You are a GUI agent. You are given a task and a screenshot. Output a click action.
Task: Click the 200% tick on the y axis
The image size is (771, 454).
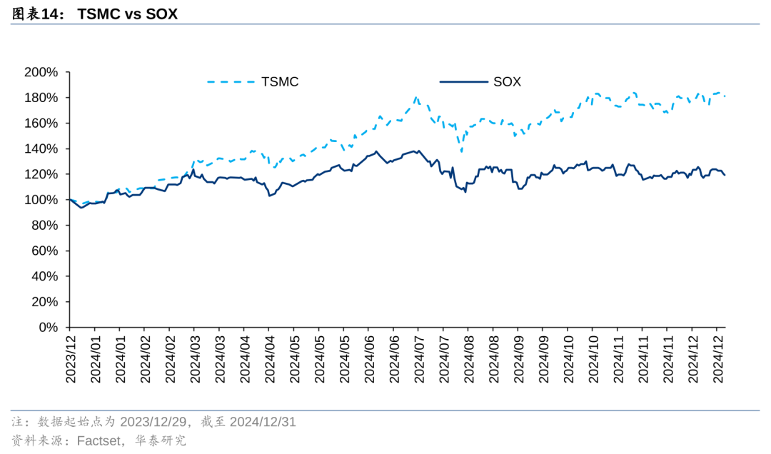(x=40, y=72)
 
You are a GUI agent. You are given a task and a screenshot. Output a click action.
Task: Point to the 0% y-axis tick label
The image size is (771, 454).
(x=47, y=328)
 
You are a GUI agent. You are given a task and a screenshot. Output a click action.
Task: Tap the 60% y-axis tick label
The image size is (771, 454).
(x=44, y=251)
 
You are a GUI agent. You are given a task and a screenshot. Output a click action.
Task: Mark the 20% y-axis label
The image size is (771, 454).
(x=44, y=302)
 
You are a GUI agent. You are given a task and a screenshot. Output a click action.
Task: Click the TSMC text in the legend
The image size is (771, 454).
(x=280, y=82)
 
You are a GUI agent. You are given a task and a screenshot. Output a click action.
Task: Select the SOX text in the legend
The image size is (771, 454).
(x=507, y=82)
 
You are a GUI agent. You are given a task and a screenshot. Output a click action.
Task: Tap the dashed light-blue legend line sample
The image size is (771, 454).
(x=231, y=82)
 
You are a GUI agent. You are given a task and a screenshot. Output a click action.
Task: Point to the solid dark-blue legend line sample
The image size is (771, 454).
(x=463, y=82)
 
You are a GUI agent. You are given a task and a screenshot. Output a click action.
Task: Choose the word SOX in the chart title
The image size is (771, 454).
(x=161, y=14)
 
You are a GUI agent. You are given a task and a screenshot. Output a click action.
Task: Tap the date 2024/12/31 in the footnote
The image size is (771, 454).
(x=262, y=422)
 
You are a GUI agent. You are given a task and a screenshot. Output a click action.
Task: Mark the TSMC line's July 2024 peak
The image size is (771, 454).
(x=416, y=97)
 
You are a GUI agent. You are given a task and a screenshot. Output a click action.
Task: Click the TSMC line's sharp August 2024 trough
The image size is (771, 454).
(x=461, y=151)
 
